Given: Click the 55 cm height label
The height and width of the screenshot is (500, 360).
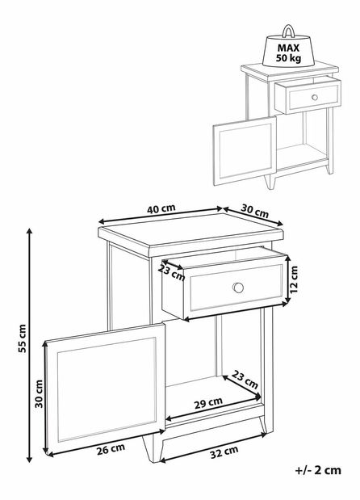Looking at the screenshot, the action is [x=22, y=338].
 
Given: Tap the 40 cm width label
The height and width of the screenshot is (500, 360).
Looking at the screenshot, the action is [x=161, y=208].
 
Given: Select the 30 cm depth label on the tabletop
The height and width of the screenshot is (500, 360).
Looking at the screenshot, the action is [x=254, y=211].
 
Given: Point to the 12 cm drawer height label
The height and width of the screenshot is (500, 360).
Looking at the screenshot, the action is [x=294, y=279].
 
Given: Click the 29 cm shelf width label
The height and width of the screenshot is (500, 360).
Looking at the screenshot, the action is [x=208, y=403].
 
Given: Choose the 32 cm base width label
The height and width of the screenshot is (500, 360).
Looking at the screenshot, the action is [x=224, y=452].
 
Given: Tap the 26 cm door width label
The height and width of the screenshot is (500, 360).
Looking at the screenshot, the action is [x=111, y=449].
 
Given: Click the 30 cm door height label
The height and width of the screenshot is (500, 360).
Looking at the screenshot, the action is [x=39, y=393].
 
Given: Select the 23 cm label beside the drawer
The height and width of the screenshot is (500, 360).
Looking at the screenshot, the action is [x=171, y=273].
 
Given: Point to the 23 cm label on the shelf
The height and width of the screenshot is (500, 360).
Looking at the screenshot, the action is [x=245, y=379].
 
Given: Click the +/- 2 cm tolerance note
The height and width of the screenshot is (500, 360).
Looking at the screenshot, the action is [x=318, y=470].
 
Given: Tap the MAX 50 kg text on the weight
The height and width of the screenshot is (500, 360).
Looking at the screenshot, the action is [x=288, y=53].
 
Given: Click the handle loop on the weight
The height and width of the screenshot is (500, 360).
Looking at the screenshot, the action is [x=288, y=31].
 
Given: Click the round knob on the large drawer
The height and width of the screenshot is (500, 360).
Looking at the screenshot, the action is [x=238, y=288].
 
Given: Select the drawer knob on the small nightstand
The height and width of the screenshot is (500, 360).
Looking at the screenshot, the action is [x=315, y=97].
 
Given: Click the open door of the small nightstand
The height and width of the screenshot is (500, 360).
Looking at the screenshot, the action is [x=245, y=151].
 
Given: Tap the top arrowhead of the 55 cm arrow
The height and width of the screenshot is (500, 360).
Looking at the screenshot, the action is [x=29, y=232].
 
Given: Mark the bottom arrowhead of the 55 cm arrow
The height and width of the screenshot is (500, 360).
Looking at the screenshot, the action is [x=29, y=459].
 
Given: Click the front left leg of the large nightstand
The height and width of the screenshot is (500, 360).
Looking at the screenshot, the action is [x=150, y=448].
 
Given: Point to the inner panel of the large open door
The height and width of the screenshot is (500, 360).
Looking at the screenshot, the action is [x=107, y=389].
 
